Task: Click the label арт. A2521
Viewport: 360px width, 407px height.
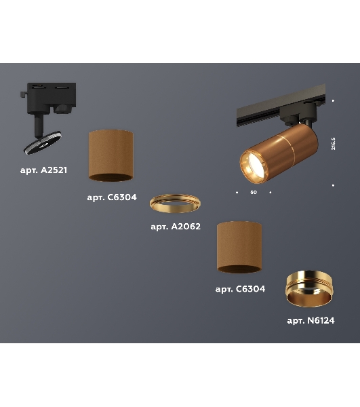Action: point(43,170)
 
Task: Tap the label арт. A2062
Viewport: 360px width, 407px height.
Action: point(176,227)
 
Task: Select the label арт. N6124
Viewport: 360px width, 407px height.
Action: point(311,321)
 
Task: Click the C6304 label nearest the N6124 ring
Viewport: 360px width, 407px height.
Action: point(240,289)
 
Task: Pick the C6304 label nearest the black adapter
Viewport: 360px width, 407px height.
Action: point(112,197)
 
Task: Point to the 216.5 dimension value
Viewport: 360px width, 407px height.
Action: point(334,144)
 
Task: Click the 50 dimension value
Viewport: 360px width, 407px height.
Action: point(254,193)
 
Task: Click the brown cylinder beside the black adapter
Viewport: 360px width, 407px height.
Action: point(111,155)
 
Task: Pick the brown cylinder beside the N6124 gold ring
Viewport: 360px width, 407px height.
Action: point(239,247)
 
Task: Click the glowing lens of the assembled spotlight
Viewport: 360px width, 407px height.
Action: point(256,166)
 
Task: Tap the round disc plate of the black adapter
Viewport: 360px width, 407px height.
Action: point(43,142)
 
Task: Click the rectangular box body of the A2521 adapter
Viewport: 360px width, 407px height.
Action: point(52,97)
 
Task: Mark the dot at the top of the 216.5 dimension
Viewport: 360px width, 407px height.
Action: point(333,100)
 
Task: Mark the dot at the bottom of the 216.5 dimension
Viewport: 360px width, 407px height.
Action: point(333,185)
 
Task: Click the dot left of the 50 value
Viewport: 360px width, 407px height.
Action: point(237,193)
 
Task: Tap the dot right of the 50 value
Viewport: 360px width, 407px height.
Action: point(271,193)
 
